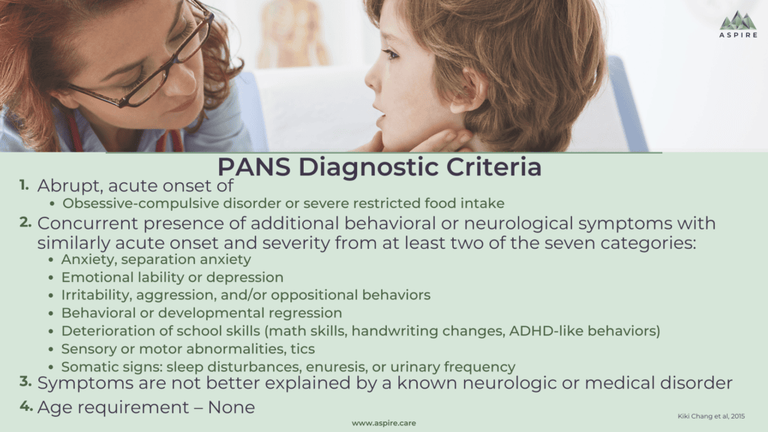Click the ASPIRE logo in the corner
(738, 25)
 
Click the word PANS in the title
(253, 167)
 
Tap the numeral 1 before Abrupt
(24, 185)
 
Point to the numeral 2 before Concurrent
(25, 222)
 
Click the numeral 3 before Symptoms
(25, 382)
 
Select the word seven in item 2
(570, 243)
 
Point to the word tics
(302, 349)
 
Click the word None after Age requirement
(231, 407)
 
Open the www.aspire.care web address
(383, 423)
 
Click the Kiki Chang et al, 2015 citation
(711, 416)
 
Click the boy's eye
(390, 53)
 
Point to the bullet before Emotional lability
(51, 277)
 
